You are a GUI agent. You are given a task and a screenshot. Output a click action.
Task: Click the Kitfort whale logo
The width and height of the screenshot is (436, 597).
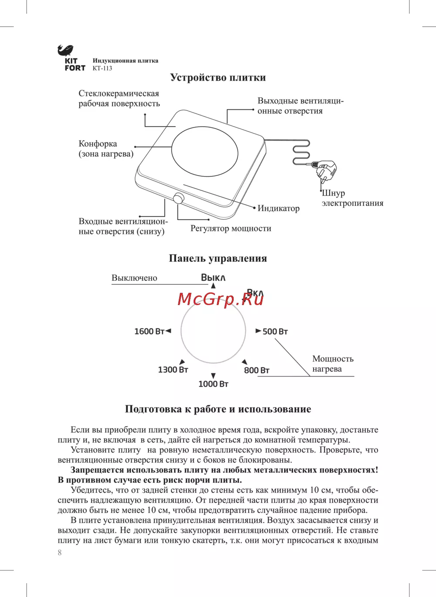click(x=65, y=51)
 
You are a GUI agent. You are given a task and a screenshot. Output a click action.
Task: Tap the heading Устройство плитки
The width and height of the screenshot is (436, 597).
click(x=218, y=78)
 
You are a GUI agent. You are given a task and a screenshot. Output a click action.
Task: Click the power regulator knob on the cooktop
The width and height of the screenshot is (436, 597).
click(x=178, y=199)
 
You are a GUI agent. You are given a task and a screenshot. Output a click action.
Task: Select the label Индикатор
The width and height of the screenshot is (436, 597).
click(x=279, y=209)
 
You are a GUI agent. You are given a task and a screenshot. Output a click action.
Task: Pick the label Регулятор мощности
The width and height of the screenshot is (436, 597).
click(x=231, y=229)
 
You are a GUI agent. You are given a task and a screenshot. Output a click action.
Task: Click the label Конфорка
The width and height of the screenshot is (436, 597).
click(x=98, y=144)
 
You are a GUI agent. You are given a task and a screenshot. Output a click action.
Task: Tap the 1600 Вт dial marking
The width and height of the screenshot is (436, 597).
click(x=149, y=332)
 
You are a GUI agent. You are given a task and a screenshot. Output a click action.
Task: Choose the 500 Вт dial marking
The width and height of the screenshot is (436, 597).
click(x=275, y=332)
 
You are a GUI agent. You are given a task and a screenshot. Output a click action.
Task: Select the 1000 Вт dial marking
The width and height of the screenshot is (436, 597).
click(x=213, y=384)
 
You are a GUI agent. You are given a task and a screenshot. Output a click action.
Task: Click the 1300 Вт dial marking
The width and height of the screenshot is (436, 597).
click(x=173, y=370)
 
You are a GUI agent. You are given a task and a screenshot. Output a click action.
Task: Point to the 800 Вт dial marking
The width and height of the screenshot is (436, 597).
click(x=257, y=371)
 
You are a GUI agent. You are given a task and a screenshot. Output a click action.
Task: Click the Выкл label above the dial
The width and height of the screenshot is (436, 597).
click(x=213, y=278)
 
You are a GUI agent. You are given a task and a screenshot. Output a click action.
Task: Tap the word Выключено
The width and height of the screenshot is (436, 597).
click(x=134, y=278)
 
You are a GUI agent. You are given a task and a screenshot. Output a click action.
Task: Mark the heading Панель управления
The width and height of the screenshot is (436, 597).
click(x=218, y=258)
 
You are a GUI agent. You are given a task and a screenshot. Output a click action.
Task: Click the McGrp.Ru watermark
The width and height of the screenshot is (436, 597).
click(x=221, y=299)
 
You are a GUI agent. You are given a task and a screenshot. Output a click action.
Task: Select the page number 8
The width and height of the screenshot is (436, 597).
click(x=60, y=552)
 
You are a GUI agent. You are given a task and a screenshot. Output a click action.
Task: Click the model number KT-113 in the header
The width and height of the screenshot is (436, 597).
click(x=102, y=69)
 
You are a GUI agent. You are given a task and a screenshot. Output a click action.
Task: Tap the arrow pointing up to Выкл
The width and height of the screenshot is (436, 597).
click(x=213, y=286)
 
